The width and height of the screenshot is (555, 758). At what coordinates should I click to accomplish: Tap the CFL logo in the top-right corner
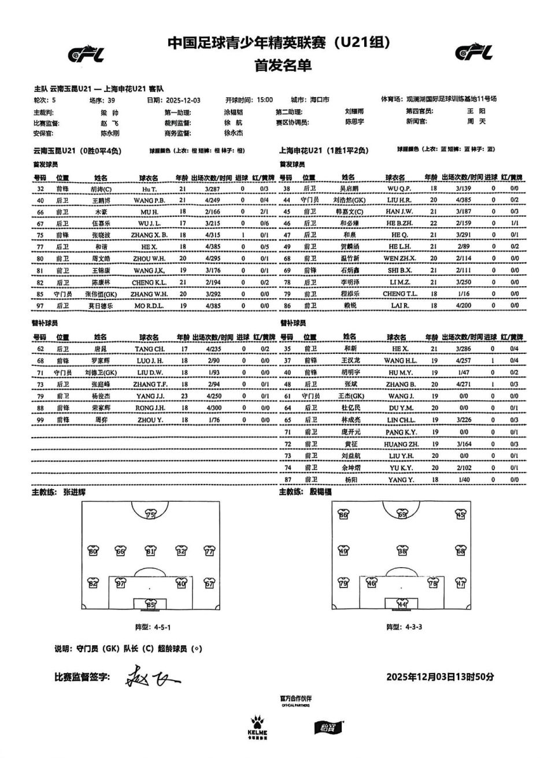tap(473, 53)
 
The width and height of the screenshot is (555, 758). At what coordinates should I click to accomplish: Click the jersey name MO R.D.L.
tap(152, 306)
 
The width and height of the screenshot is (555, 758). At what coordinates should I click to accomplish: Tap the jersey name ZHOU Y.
tap(152, 420)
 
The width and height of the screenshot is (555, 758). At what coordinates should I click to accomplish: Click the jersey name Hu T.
tap(149, 189)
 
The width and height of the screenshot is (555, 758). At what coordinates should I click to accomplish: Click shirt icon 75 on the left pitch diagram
tap(150, 515)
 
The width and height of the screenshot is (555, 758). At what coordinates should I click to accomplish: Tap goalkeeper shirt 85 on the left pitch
tap(150, 605)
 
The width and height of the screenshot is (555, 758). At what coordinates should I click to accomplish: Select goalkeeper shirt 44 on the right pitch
tap(402, 605)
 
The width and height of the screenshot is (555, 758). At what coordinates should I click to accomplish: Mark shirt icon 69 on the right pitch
tap(402, 515)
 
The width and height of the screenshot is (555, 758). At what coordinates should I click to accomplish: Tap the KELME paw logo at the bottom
tap(257, 723)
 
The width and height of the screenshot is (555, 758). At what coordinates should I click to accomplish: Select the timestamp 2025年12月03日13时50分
tap(439, 677)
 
